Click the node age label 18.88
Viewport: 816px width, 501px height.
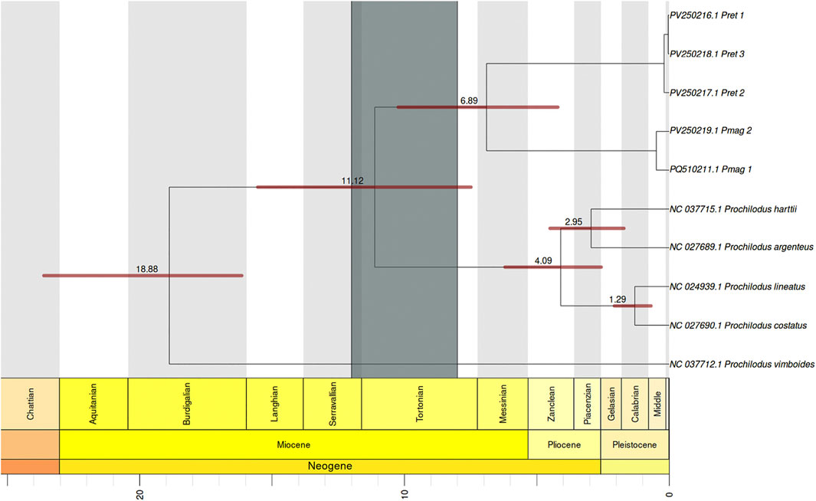(x=147, y=270)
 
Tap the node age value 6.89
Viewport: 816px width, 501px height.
(x=469, y=100)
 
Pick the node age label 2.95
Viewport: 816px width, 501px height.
(x=574, y=222)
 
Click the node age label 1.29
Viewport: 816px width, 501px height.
(x=618, y=300)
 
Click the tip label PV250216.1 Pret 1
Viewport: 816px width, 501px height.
(x=707, y=15)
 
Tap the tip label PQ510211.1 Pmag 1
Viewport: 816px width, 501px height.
(x=710, y=169)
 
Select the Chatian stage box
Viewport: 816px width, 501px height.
(x=30, y=403)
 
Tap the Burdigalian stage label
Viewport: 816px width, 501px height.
(x=187, y=403)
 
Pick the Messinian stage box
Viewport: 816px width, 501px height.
(x=502, y=403)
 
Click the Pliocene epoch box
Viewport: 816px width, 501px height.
(x=564, y=445)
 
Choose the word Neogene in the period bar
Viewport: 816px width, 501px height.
(x=329, y=466)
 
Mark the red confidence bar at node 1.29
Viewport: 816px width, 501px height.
(x=632, y=306)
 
